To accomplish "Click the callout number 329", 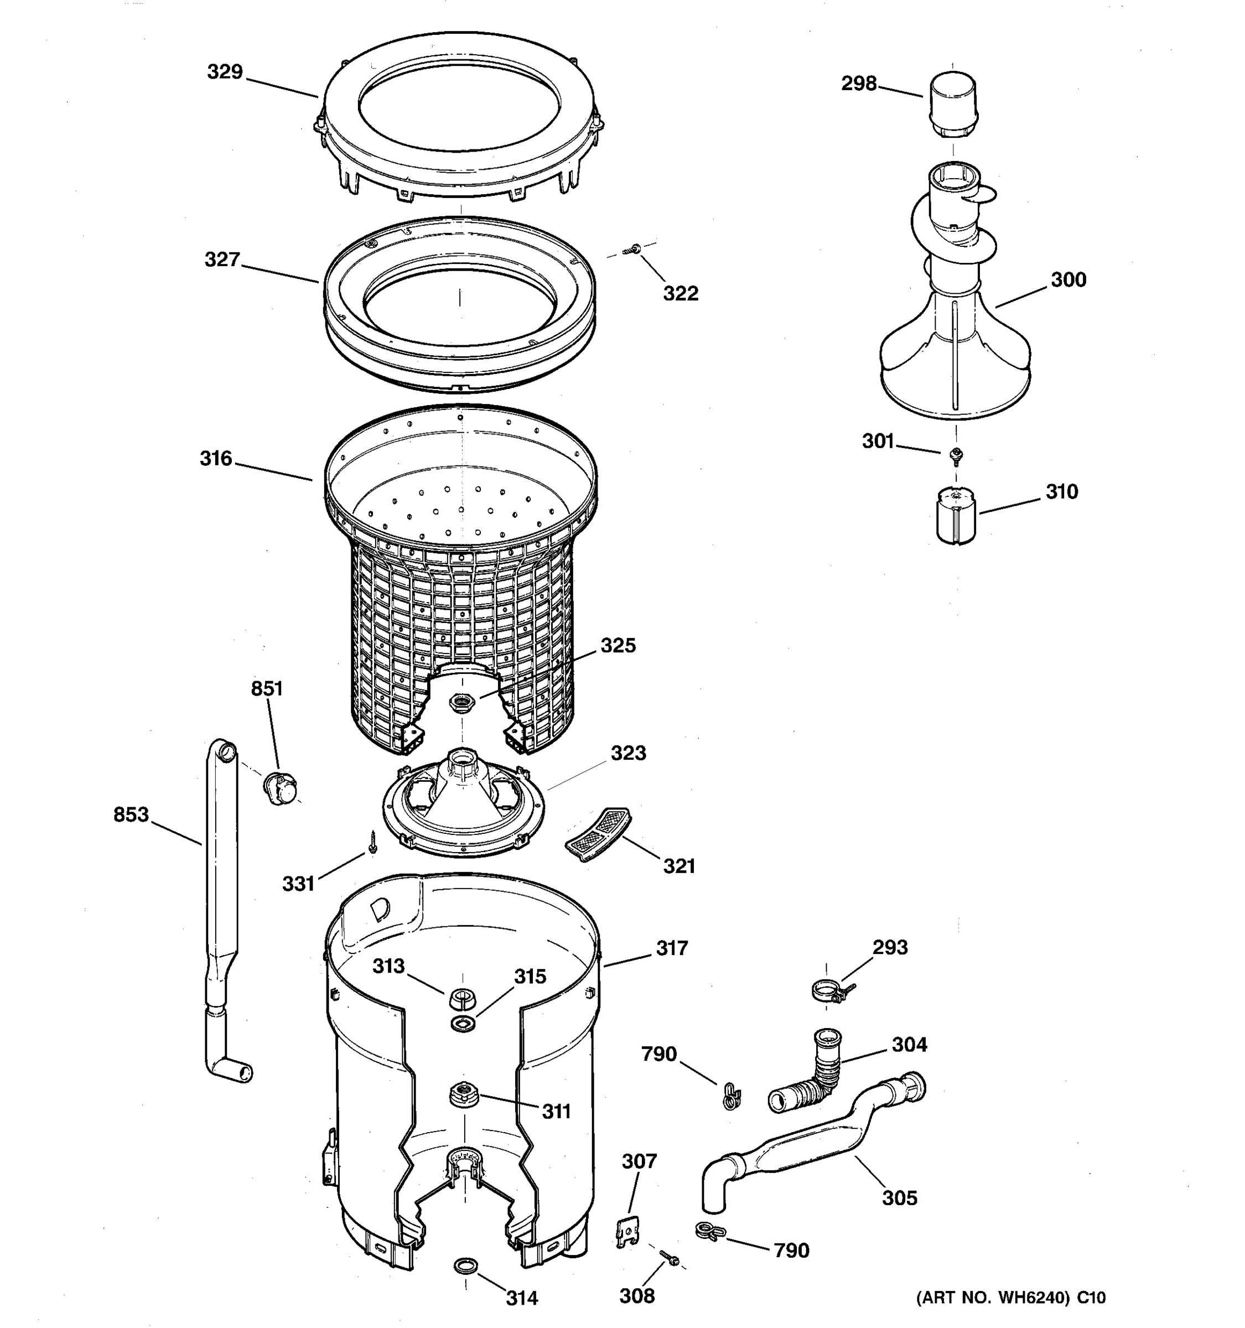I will click(x=225, y=71).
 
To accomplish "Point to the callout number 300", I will click(x=1068, y=279).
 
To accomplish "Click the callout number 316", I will click(x=216, y=458).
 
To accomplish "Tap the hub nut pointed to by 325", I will click(x=461, y=702).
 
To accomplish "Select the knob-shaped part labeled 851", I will click(x=280, y=787).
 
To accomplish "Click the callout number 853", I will click(x=131, y=815).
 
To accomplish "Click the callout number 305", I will click(x=900, y=1198).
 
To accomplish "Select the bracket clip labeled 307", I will click(x=627, y=1231).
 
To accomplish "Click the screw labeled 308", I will click(x=668, y=1258).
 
